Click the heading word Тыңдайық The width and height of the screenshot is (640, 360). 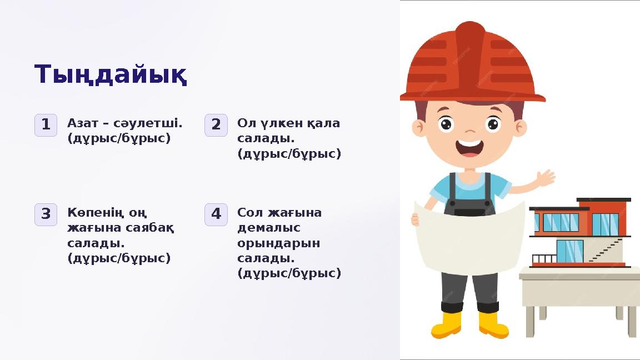coord(111,75)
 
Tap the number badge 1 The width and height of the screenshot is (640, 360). coord(46,125)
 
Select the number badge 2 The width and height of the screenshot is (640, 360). coord(216,125)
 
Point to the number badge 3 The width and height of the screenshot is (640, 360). coord(46,214)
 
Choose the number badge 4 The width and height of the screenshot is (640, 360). coord(216,214)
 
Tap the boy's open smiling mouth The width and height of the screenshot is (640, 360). coord(469,148)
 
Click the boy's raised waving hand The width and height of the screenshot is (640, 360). coord(546,178)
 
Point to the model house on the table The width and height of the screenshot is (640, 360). coord(581,233)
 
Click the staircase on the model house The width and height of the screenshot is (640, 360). coord(606,250)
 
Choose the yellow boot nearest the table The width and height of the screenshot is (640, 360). coord(492,324)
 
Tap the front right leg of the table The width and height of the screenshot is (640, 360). coord(632,321)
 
